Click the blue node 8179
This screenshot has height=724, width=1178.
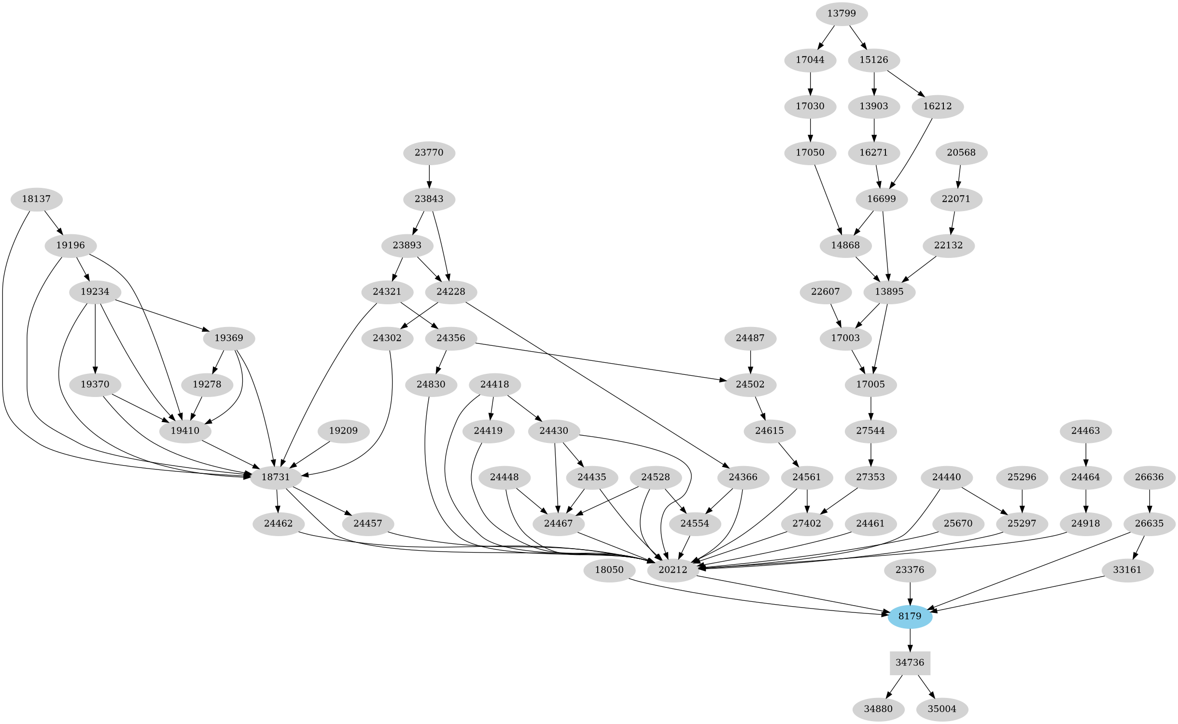tap(910, 616)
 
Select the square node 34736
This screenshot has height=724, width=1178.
tap(910, 663)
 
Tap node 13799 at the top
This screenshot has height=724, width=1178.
tap(841, 14)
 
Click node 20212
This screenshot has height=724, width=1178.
tap(673, 570)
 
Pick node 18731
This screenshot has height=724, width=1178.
tap(276, 477)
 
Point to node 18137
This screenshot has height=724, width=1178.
tap(36, 199)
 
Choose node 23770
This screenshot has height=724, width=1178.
tap(429, 153)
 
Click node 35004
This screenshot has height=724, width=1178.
tap(942, 709)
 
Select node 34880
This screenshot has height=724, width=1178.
tap(878, 709)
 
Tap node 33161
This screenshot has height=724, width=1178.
tap(1127, 570)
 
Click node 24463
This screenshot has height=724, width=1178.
tap(1085, 431)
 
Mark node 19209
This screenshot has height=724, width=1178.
tap(343, 431)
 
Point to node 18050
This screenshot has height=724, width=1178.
tap(609, 570)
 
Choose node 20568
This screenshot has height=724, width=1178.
tap(961, 153)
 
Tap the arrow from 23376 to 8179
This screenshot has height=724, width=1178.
tap(910, 593)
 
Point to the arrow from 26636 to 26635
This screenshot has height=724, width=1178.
tap(1150, 500)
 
